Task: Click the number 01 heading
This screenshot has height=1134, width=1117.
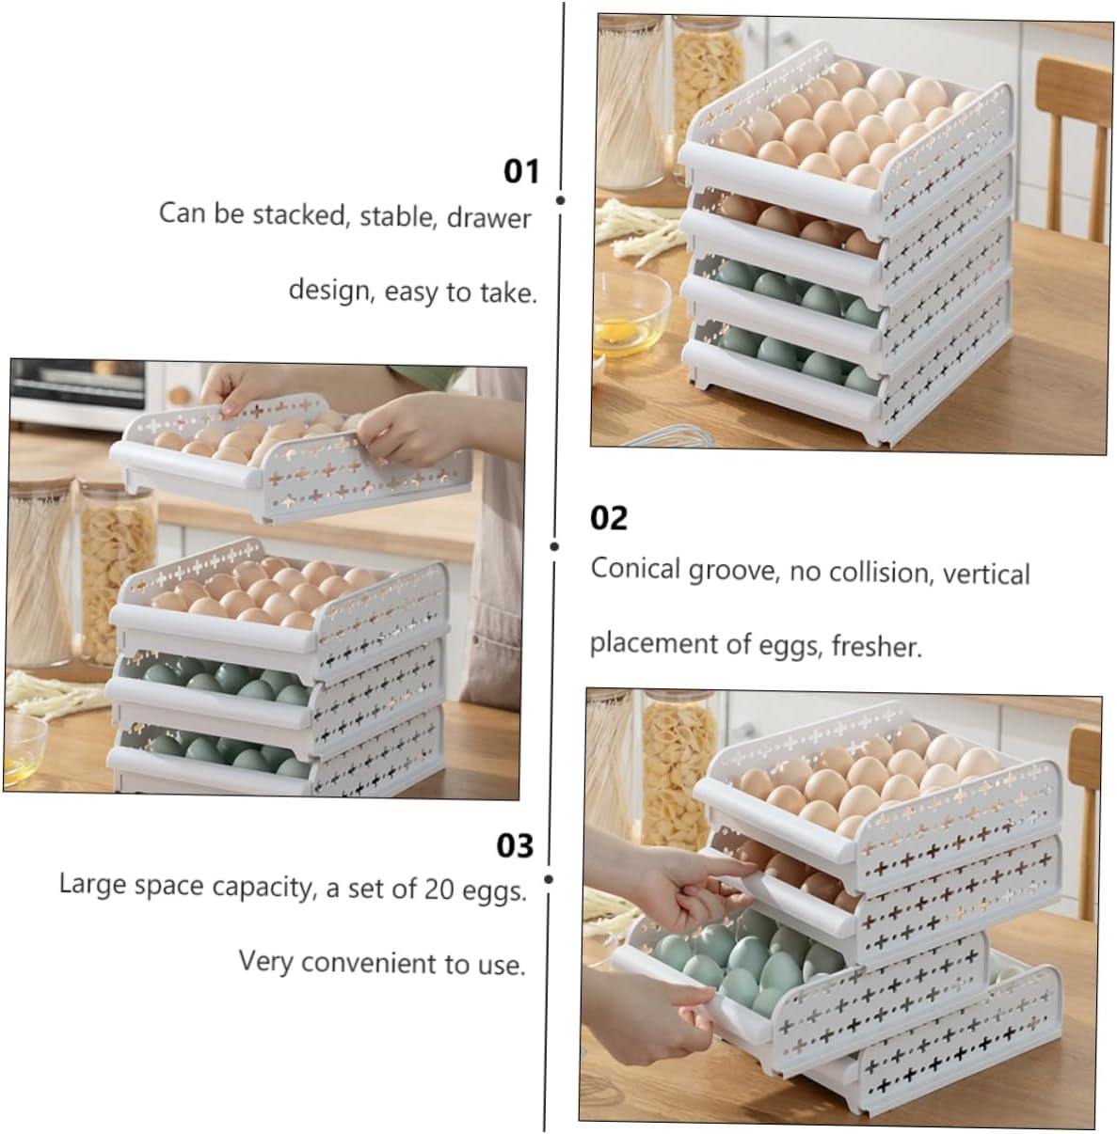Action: tap(521, 171)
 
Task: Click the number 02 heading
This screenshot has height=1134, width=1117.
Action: tap(608, 518)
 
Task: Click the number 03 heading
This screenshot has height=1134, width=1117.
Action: tap(515, 845)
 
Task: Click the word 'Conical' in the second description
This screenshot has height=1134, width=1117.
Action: tap(635, 569)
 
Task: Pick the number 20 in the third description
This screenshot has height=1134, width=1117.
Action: tap(439, 889)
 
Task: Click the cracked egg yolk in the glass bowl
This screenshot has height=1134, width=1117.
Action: tap(618, 331)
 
